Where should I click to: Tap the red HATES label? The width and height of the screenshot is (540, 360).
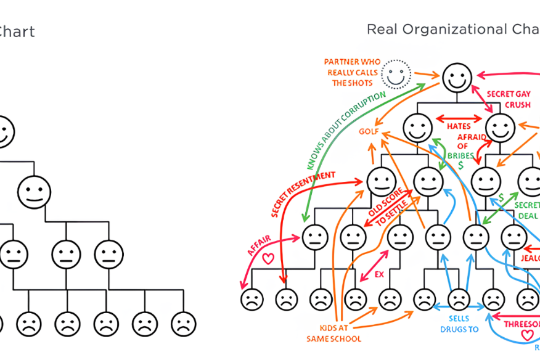click(459, 126)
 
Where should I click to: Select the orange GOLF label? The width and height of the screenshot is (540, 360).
click(369, 132)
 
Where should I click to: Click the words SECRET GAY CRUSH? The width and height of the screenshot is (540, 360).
click(509, 99)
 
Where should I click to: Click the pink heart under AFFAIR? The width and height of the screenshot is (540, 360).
click(268, 259)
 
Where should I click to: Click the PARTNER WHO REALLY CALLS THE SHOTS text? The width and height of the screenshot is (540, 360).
click(352, 73)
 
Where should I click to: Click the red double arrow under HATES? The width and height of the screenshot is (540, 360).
click(459, 117)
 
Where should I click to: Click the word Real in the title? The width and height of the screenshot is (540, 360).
click(380, 29)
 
